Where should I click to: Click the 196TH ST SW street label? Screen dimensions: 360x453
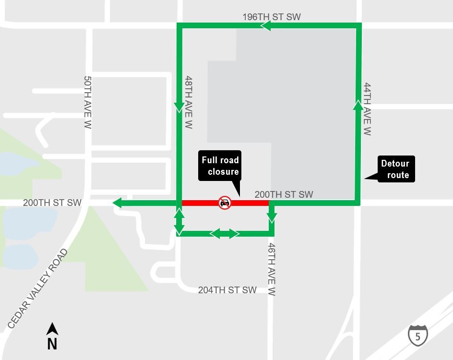tap(272, 17)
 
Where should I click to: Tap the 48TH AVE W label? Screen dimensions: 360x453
tap(189, 102)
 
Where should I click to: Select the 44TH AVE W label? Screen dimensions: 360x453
tap(367, 109)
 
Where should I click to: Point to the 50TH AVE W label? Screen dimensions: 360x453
tap(87, 102)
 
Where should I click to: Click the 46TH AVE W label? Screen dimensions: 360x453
tap(272, 269)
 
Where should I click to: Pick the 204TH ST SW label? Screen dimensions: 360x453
tap(227, 290)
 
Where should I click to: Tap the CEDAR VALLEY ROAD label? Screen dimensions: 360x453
tap(38, 289)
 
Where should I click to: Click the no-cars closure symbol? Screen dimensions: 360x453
tap(224, 203)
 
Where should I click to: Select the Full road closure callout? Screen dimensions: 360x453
tap(220, 166)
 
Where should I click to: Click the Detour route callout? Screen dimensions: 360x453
tap(395, 169)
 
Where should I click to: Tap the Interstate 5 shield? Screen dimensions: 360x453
tap(417, 335)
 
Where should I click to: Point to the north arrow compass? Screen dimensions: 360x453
tap(52, 336)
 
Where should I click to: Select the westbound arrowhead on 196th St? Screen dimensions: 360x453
tap(265, 25)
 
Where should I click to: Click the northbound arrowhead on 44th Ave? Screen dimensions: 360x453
tap(358, 105)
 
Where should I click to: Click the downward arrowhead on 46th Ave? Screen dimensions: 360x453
tap(272, 218)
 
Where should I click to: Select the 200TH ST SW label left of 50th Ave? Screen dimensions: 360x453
tap(52, 203)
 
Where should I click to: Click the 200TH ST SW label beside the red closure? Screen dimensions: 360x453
tap(284, 194)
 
